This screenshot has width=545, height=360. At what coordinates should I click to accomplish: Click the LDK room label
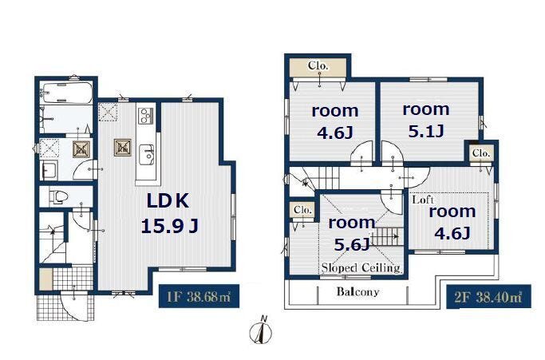[x=168, y=201]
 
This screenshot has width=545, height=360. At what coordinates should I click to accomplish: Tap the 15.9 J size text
[x=170, y=227]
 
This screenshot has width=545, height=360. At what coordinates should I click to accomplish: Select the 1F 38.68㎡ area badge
[x=199, y=296]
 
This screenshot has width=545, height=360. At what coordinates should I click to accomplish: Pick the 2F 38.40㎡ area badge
[x=488, y=297]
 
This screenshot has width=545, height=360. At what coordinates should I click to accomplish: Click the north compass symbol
[x=261, y=331]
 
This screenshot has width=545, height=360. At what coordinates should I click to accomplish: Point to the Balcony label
[x=357, y=291]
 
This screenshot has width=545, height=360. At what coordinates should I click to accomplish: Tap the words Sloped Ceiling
[x=361, y=267]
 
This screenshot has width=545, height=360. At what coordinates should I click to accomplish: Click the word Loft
[x=423, y=200]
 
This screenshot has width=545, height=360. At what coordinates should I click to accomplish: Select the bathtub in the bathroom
[x=65, y=93]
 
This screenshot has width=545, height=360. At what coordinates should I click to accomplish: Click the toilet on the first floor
[x=58, y=197]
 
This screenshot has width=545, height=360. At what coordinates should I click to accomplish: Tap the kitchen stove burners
[x=146, y=116]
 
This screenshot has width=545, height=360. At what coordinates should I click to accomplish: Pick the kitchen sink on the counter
[x=146, y=155]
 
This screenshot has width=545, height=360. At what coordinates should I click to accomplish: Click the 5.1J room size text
[x=426, y=132]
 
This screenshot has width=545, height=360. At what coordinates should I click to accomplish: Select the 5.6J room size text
[x=351, y=244]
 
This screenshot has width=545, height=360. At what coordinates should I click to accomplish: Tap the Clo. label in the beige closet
[x=318, y=65]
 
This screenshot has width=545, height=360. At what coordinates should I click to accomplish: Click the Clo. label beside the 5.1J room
[x=480, y=152]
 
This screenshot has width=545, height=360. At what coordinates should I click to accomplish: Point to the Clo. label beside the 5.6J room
[x=302, y=210]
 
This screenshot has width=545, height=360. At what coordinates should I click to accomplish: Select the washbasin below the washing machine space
[x=48, y=171]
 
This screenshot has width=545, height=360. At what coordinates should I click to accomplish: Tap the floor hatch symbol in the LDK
[x=123, y=148]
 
